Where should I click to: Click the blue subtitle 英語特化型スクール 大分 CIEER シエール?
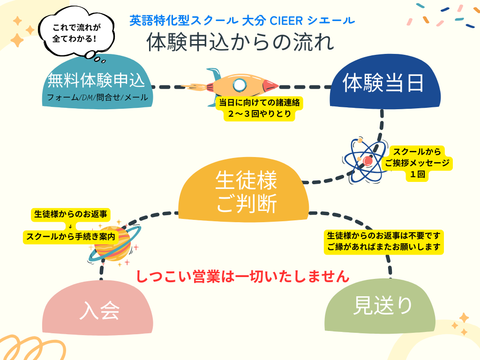242,21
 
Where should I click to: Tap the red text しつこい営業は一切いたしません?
243,276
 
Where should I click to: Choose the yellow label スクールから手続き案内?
70,237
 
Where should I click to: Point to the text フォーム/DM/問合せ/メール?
97,97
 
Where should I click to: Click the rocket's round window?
240,84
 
